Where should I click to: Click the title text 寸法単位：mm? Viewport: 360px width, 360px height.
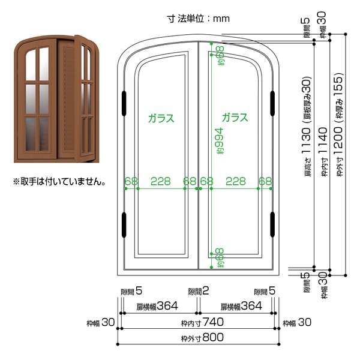(x=199, y=19)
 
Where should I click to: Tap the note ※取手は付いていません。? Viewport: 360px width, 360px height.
(x=59, y=182)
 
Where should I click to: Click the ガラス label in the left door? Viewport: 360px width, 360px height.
(x=161, y=118)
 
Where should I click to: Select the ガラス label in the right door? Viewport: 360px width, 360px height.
(x=235, y=118)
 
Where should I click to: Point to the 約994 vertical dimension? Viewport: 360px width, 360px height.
(x=219, y=141)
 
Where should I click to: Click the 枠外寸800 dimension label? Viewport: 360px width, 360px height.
(x=202, y=337)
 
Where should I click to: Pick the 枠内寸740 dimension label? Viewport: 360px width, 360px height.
(x=202, y=322)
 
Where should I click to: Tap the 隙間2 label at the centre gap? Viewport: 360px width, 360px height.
(x=199, y=291)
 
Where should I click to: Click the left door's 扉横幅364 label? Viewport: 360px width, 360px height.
(x=157, y=306)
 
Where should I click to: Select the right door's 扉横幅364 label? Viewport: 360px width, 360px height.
(x=241, y=306)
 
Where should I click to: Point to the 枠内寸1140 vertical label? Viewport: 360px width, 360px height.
(x=324, y=152)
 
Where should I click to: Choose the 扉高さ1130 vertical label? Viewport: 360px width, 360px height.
(x=307, y=127)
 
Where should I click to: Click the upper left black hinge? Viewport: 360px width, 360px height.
(x=124, y=103)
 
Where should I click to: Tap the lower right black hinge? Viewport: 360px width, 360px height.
(x=272, y=224)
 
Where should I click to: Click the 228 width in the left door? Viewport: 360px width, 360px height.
(x=161, y=181)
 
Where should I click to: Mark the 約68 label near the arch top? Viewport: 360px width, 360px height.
(x=220, y=56)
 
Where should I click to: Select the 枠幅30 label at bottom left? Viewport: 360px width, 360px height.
(x=101, y=323)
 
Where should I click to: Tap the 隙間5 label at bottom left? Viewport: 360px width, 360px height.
(x=131, y=291)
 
